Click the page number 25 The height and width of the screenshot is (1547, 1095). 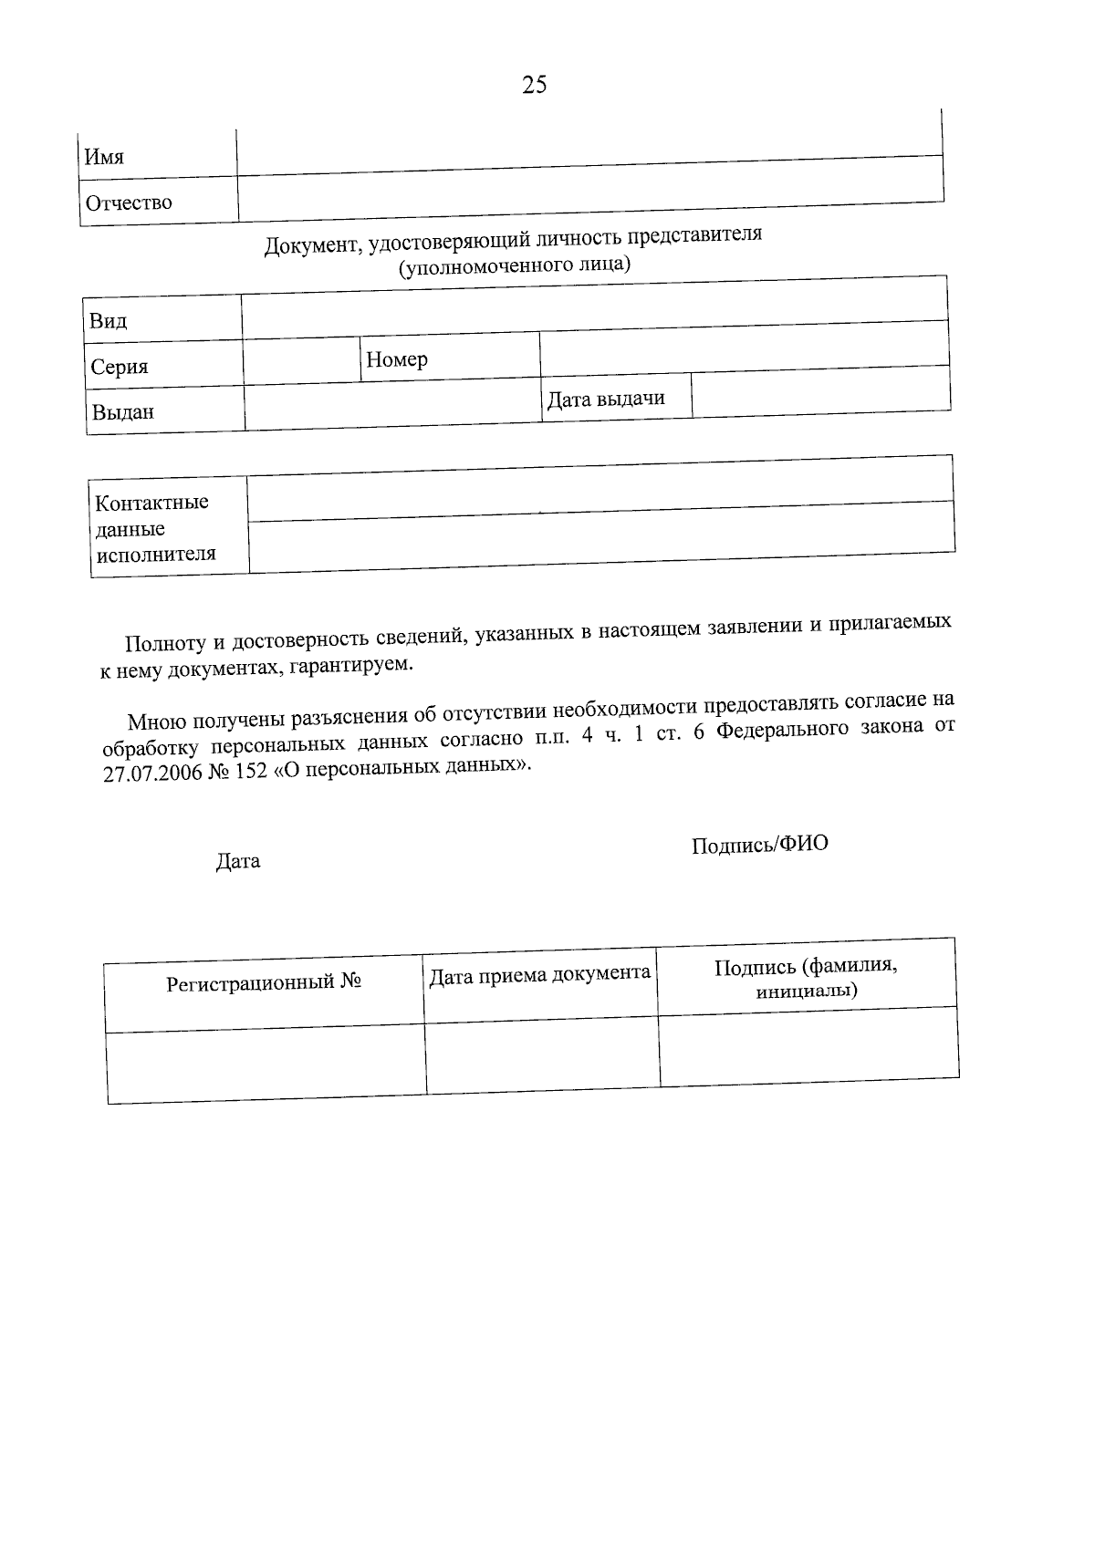[535, 85]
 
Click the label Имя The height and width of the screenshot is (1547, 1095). [104, 157]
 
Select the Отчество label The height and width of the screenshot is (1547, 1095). [129, 202]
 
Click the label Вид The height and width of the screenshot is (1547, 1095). [108, 321]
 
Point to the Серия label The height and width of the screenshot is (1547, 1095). [120, 367]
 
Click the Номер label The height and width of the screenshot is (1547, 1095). [397, 359]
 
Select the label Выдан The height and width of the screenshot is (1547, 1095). [122, 411]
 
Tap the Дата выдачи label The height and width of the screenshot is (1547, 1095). [606, 399]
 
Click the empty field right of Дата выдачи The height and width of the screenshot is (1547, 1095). [820, 393]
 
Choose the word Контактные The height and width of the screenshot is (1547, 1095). [152, 503]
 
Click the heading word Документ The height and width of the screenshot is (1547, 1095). [307, 245]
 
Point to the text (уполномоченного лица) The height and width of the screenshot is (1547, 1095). [515, 265]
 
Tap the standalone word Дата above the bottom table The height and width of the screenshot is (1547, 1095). [238, 861]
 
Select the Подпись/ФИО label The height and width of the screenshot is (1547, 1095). [759, 845]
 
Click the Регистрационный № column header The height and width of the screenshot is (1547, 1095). [265, 983]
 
